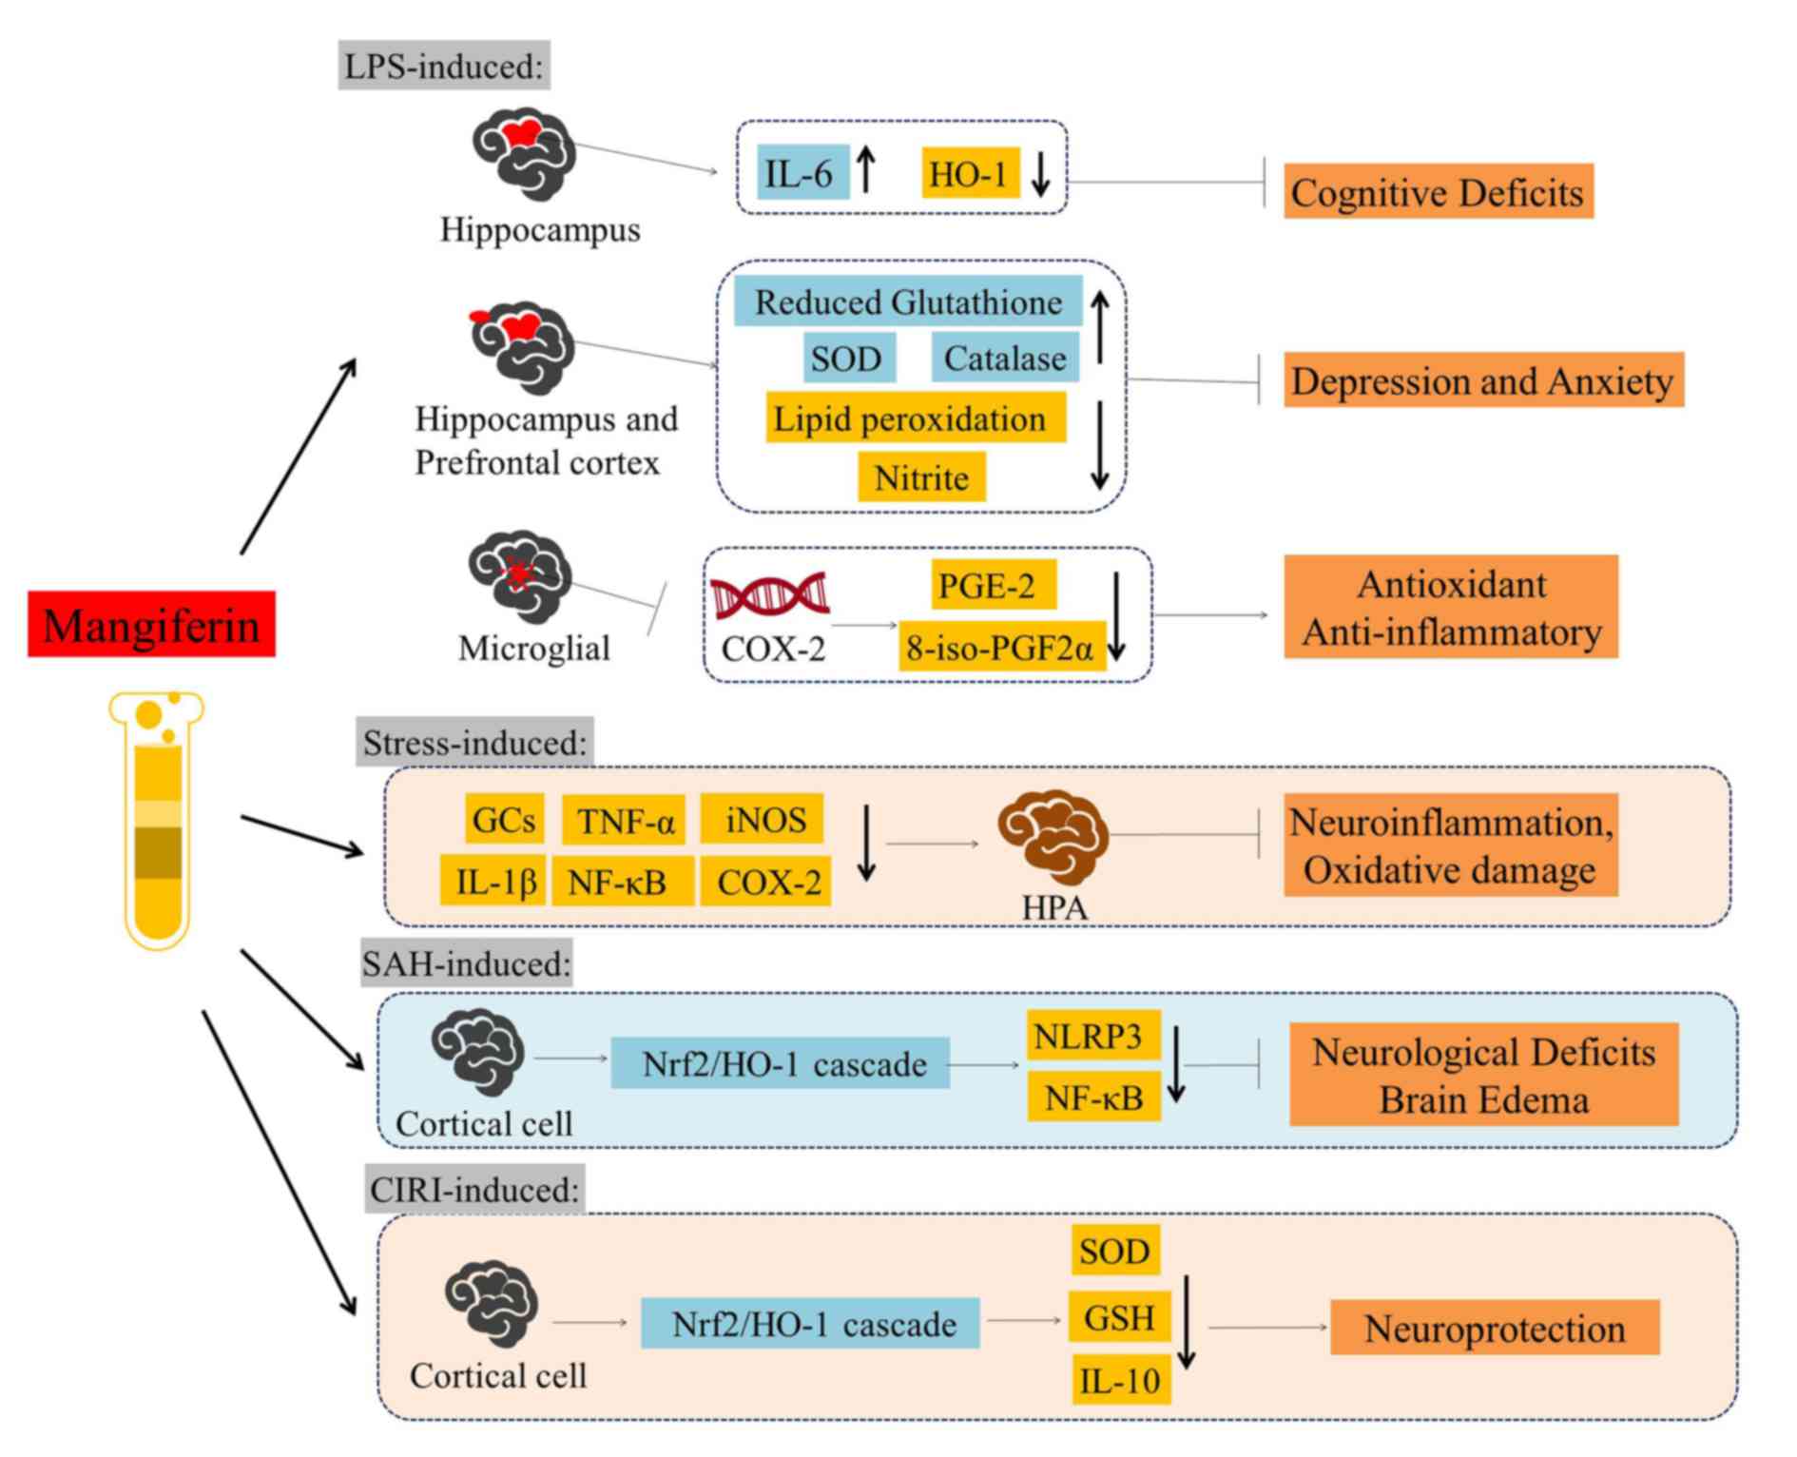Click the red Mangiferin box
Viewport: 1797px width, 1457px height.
point(151,624)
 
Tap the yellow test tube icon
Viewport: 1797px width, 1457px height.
point(157,821)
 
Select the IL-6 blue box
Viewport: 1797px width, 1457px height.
point(802,172)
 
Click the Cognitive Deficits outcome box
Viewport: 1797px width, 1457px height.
point(1439,191)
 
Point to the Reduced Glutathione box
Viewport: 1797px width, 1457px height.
point(908,301)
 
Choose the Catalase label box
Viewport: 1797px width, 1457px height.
point(1005,358)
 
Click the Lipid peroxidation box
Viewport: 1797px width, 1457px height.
point(916,418)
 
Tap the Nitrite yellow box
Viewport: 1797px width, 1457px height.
point(921,476)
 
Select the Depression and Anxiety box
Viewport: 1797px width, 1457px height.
point(1483,379)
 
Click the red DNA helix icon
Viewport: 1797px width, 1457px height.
point(770,596)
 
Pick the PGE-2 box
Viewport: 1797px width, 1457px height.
point(994,584)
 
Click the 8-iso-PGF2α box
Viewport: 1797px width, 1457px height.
point(1003,647)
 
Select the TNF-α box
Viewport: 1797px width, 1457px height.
point(625,820)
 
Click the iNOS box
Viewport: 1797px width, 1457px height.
point(763,818)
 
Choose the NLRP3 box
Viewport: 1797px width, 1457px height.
point(1093,1035)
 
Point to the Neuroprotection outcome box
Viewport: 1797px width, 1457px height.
point(1495,1328)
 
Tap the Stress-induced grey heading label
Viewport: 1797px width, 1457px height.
point(475,742)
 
